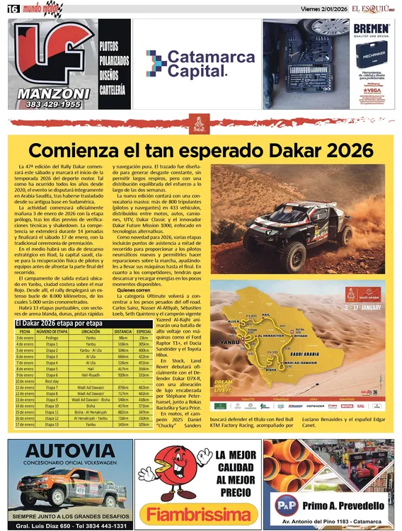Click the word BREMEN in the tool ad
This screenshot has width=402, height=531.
(x=372, y=29)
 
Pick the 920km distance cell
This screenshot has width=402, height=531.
(x=123, y=375)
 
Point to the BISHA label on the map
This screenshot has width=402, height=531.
(x=270, y=369)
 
